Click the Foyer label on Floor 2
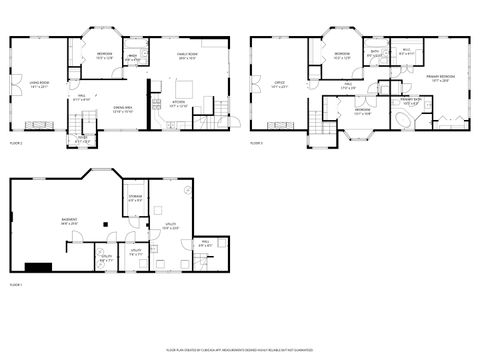(82, 140)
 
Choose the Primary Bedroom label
(439, 78)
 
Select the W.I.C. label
(407, 52)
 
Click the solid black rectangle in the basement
(40, 267)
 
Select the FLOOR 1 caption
(16, 285)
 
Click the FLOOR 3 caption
(256, 143)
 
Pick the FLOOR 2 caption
(16, 143)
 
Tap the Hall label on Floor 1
(204, 243)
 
